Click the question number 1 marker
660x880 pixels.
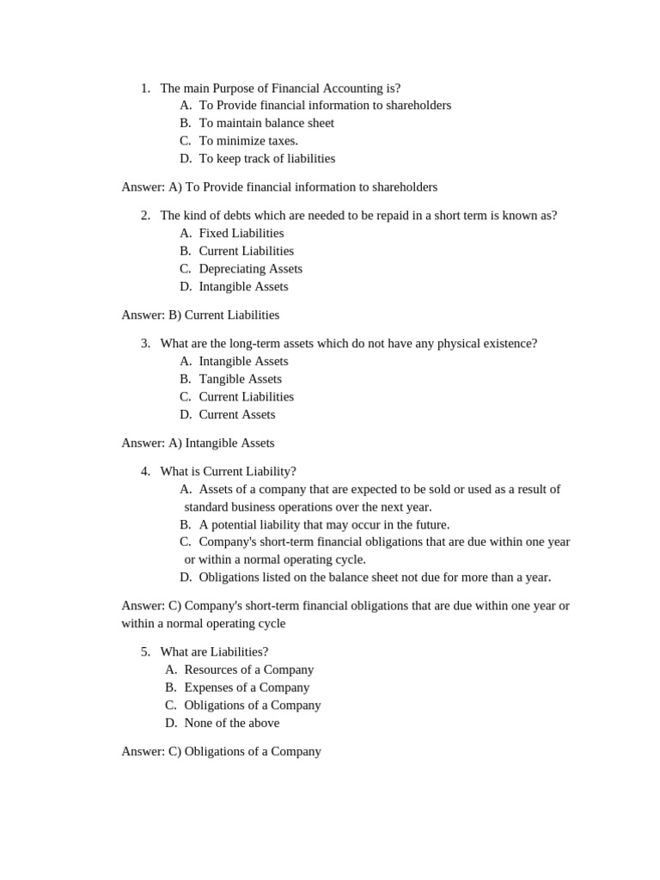[x=145, y=88]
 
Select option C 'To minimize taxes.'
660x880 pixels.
[x=247, y=141]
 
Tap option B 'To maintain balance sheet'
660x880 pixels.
[x=266, y=123]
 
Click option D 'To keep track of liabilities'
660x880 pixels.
[x=266, y=159]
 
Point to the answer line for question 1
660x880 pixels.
[x=279, y=187]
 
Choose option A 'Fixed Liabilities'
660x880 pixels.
[x=241, y=234]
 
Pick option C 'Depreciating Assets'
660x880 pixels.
[x=250, y=269]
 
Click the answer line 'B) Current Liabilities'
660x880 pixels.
[x=200, y=315]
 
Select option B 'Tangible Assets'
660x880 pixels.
[x=240, y=379]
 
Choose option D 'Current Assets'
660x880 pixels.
[x=236, y=415]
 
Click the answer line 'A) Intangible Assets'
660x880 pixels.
[x=198, y=443]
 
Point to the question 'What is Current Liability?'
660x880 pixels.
[x=228, y=472]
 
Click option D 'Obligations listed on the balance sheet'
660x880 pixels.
[x=374, y=577]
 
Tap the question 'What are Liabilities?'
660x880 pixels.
[x=214, y=652]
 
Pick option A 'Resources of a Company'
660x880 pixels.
[x=248, y=669]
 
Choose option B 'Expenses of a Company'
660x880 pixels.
[x=247, y=687]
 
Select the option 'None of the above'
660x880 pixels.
[x=231, y=724]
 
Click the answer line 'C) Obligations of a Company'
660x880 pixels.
[x=221, y=752]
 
